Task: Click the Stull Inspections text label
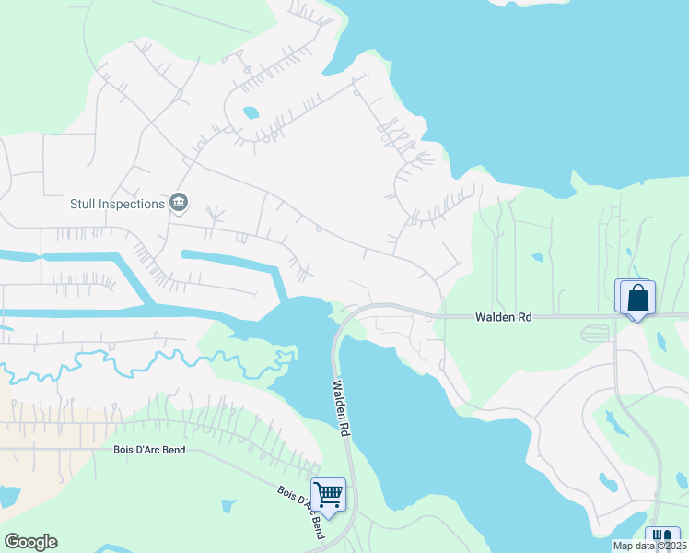click(117, 203)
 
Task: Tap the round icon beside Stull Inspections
click(179, 203)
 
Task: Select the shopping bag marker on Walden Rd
click(636, 299)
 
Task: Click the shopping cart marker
click(328, 496)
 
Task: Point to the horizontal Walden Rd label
click(504, 317)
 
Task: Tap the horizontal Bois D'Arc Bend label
click(148, 450)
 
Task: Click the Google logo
click(30, 542)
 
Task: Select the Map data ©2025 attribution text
click(648, 546)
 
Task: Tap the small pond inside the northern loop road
click(251, 114)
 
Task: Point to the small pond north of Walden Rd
click(537, 257)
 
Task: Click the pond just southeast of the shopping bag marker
click(660, 341)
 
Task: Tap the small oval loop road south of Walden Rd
click(594, 333)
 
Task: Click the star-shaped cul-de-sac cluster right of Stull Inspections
click(215, 216)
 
